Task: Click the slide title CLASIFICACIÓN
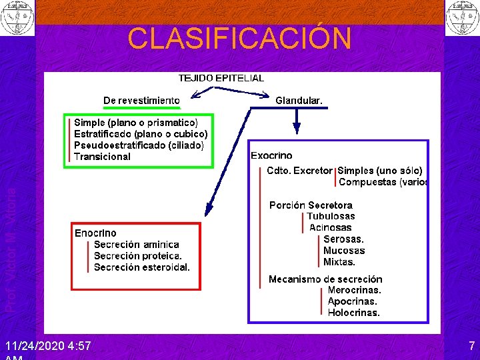[x=239, y=39]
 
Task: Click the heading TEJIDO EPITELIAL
[x=221, y=77]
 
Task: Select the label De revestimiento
[x=141, y=101]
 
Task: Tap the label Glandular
[x=299, y=101]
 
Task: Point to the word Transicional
[x=103, y=157]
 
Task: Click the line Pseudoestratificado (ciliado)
[x=139, y=145]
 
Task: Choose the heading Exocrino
[x=271, y=155]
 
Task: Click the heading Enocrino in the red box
[x=95, y=233]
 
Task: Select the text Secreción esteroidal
[x=142, y=267]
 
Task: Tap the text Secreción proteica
[x=138, y=256]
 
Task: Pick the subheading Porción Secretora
[x=311, y=205]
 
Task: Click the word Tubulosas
[x=331, y=216]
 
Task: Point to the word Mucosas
[x=344, y=251]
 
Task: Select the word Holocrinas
[x=353, y=313]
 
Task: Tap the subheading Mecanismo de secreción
[x=325, y=279]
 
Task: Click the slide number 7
[x=471, y=347]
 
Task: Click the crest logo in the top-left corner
[x=17, y=18]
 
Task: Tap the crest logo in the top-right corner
[x=461, y=18]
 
